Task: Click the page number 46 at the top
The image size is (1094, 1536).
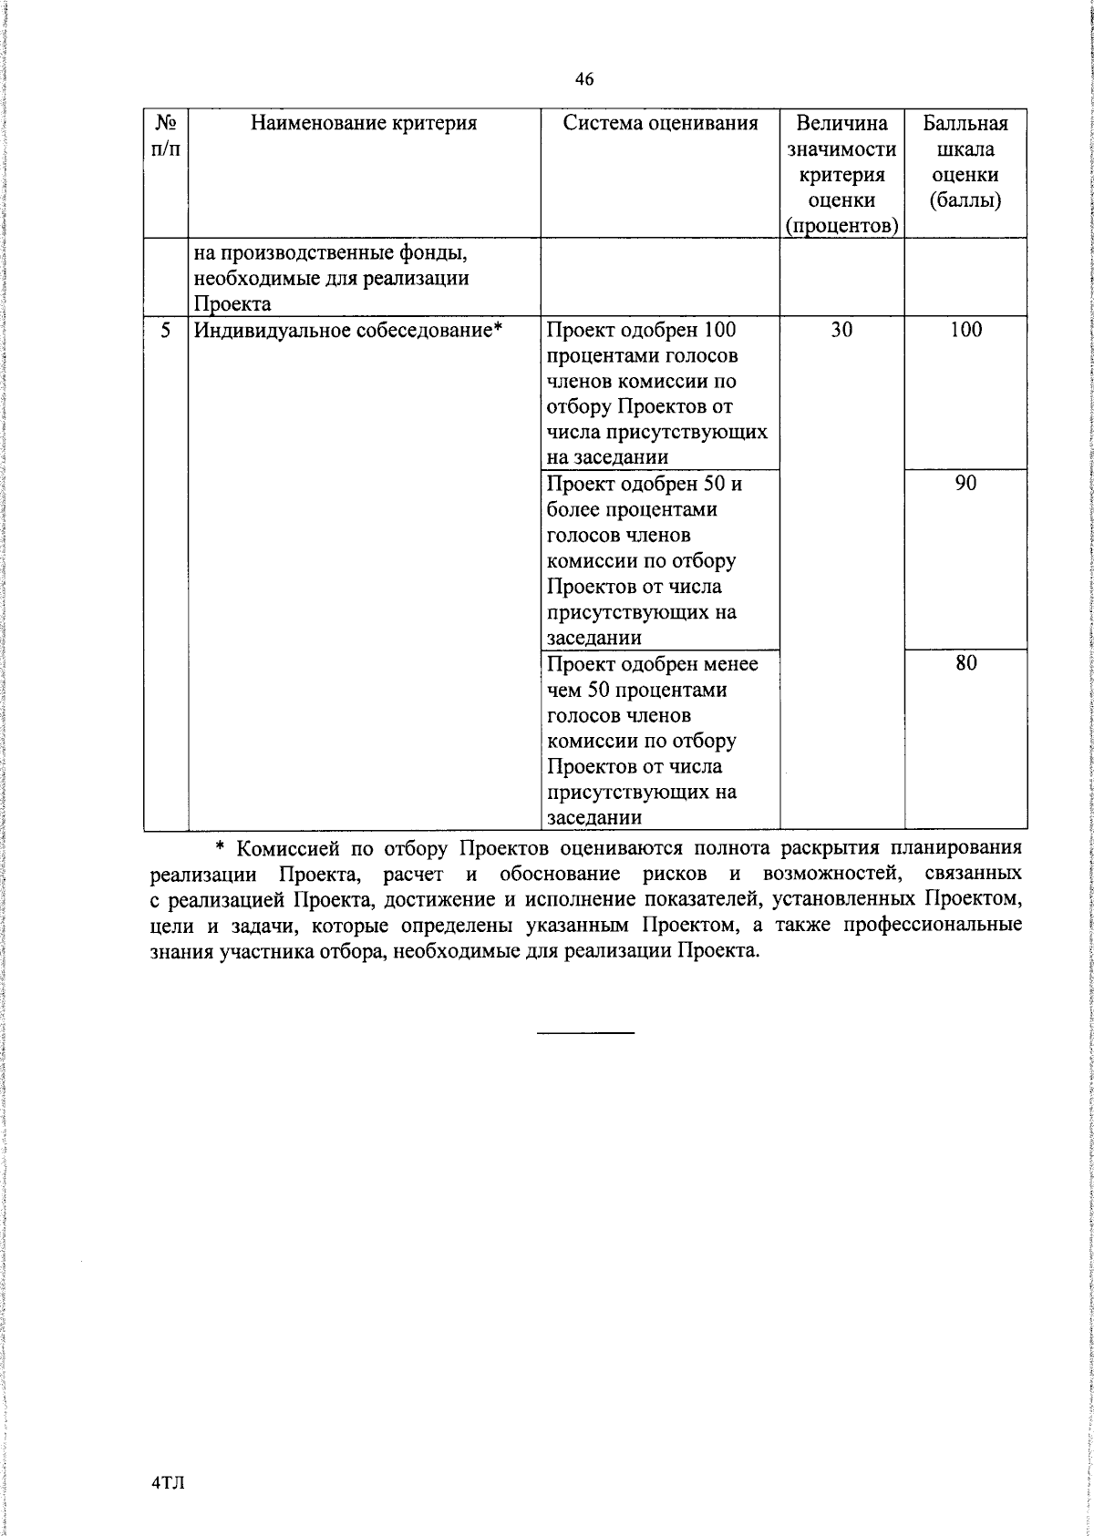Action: click(584, 80)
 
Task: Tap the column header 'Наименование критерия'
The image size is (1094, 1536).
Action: click(364, 123)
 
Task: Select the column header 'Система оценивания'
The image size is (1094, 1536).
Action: click(660, 123)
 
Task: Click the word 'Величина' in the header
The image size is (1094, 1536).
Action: click(841, 123)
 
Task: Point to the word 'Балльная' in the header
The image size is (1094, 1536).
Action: click(965, 123)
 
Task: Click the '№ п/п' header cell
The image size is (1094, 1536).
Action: click(166, 136)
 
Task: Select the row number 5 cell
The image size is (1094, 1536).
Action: click(166, 331)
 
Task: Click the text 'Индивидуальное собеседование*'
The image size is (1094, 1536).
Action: click(348, 331)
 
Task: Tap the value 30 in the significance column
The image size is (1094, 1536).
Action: click(841, 331)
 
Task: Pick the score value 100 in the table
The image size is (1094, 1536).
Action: click(965, 331)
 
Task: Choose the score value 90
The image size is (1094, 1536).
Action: click(965, 484)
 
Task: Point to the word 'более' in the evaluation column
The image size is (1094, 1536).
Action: click(572, 509)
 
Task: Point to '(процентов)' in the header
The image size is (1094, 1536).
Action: click(841, 226)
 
